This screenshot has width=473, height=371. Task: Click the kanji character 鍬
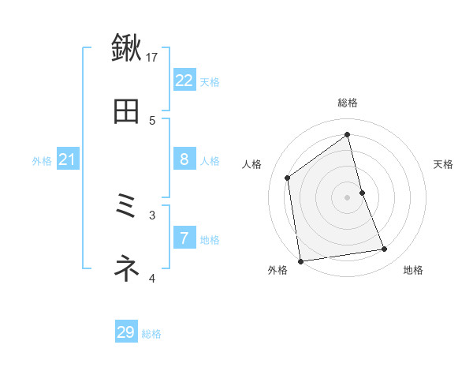(126, 48)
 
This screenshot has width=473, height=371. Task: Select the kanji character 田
(126, 112)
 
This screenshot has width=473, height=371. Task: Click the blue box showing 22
(184, 80)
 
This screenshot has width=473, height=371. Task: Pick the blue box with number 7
(184, 237)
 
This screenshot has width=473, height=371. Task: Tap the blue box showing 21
(68, 160)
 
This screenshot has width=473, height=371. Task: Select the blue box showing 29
(126, 332)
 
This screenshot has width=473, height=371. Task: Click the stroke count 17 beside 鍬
(153, 57)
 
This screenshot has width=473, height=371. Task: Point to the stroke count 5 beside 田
(152, 120)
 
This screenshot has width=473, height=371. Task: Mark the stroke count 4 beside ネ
(152, 278)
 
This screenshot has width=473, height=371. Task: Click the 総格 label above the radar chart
(348, 103)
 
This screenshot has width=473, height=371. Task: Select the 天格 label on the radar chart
(443, 164)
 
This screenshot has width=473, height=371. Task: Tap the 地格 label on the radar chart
(413, 270)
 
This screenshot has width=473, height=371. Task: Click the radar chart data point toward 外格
(300, 260)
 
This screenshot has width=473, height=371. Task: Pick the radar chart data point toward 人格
(288, 178)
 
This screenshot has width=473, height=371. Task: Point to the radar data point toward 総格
(348, 135)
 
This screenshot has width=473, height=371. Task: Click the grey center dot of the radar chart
(348, 197)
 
